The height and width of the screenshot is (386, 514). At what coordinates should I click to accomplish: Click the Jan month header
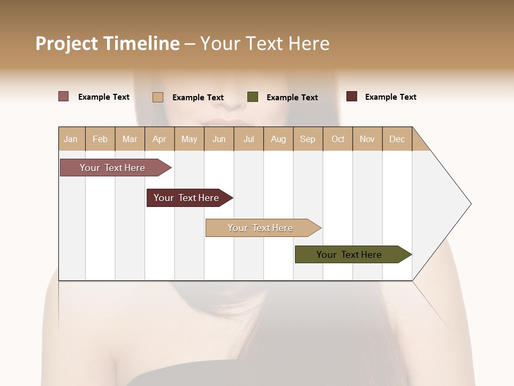coord(71,139)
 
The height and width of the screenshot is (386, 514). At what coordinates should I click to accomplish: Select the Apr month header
coord(160,139)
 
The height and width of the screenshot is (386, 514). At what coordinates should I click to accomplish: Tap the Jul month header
coord(249,139)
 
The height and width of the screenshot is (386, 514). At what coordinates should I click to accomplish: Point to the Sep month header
coord(308,139)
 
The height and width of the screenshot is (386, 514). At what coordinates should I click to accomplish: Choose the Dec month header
coord(397,139)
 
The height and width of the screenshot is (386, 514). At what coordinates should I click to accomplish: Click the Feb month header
coord(100,139)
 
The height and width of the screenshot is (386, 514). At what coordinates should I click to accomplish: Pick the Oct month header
coord(338,139)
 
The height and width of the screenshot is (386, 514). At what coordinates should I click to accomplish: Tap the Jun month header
coord(219,139)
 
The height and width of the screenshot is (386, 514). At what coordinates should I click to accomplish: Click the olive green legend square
coord(253,97)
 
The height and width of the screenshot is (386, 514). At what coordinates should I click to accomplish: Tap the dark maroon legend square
coord(352,96)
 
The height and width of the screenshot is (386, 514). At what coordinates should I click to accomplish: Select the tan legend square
coord(158,97)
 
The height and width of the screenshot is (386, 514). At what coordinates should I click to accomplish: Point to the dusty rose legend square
coord(64,96)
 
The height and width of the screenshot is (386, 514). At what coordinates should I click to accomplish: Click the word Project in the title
coord(67,43)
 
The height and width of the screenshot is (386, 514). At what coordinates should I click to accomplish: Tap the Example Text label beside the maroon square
coord(391,97)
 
